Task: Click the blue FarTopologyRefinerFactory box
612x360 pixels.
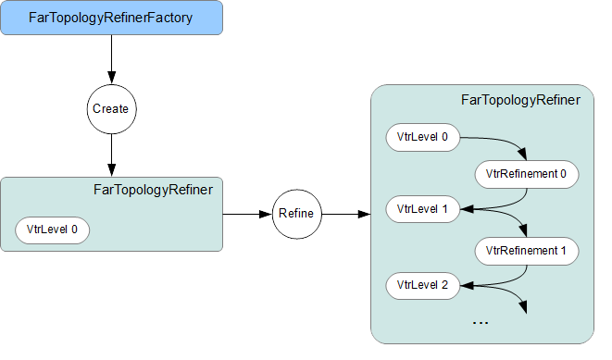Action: click(x=111, y=19)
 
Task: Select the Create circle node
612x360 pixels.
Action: click(x=111, y=108)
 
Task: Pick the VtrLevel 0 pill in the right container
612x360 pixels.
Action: click(x=422, y=138)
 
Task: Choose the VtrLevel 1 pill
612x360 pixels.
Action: click(x=422, y=209)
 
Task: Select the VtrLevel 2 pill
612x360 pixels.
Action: click(x=422, y=284)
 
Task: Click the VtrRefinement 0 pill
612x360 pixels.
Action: click(x=526, y=173)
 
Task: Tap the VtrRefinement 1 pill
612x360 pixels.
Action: click(x=526, y=249)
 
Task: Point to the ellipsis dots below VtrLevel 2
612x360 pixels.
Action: click(x=481, y=322)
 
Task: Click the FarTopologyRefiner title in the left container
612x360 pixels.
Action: click(x=154, y=190)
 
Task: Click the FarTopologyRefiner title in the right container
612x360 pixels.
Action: click(x=520, y=100)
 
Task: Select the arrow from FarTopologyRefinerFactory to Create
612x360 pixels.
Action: click(x=111, y=59)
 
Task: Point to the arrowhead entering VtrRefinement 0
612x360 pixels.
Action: click(x=526, y=155)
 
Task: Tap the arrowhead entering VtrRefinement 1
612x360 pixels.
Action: click(x=526, y=230)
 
